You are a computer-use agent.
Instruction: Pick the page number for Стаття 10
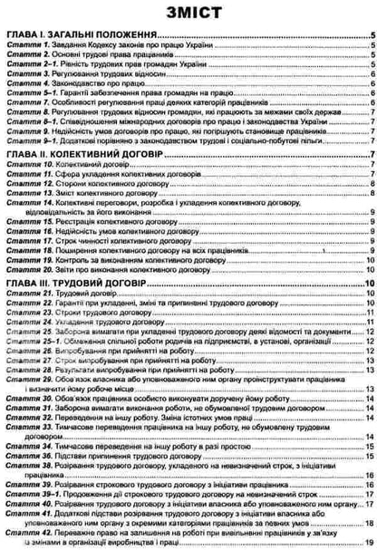pos(372,168)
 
